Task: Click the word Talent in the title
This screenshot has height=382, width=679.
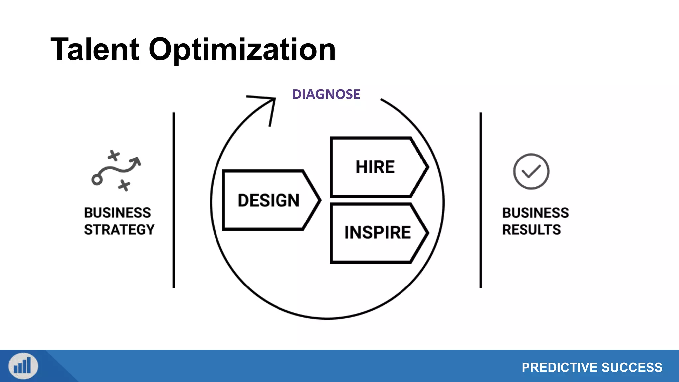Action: pyautogui.click(x=95, y=50)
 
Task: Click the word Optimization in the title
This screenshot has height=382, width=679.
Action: pyautogui.click(x=242, y=50)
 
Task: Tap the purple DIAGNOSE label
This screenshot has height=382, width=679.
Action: pyautogui.click(x=326, y=95)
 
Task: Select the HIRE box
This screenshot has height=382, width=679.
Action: pyautogui.click(x=375, y=167)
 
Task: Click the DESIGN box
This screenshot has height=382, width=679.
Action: pyautogui.click(x=269, y=200)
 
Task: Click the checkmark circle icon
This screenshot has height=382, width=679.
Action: pyautogui.click(x=531, y=171)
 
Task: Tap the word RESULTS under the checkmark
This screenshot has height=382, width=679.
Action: pyautogui.click(x=531, y=230)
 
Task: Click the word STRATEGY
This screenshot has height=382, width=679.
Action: pyautogui.click(x=119, y=230)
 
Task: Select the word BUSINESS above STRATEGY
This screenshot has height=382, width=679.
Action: pyautogui.click(x=117, y=213)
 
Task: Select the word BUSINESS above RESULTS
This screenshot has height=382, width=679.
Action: pyautogui.click(x=535, y=213)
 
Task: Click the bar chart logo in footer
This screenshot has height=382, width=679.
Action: pyautogui.click(x=23, y=366)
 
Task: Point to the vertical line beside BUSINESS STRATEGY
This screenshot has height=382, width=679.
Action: pyautogui.click(x=173, y=200)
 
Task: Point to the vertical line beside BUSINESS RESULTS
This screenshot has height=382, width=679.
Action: pyautogui.click(x=480, y=200)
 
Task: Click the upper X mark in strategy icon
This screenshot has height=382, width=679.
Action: pyautogui.click(x=114, y=155)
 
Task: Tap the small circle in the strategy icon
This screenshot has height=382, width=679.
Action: pyautogui.click(x=97, y=180)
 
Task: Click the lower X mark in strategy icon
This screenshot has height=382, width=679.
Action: pyautogui.click(x=124, y=185)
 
